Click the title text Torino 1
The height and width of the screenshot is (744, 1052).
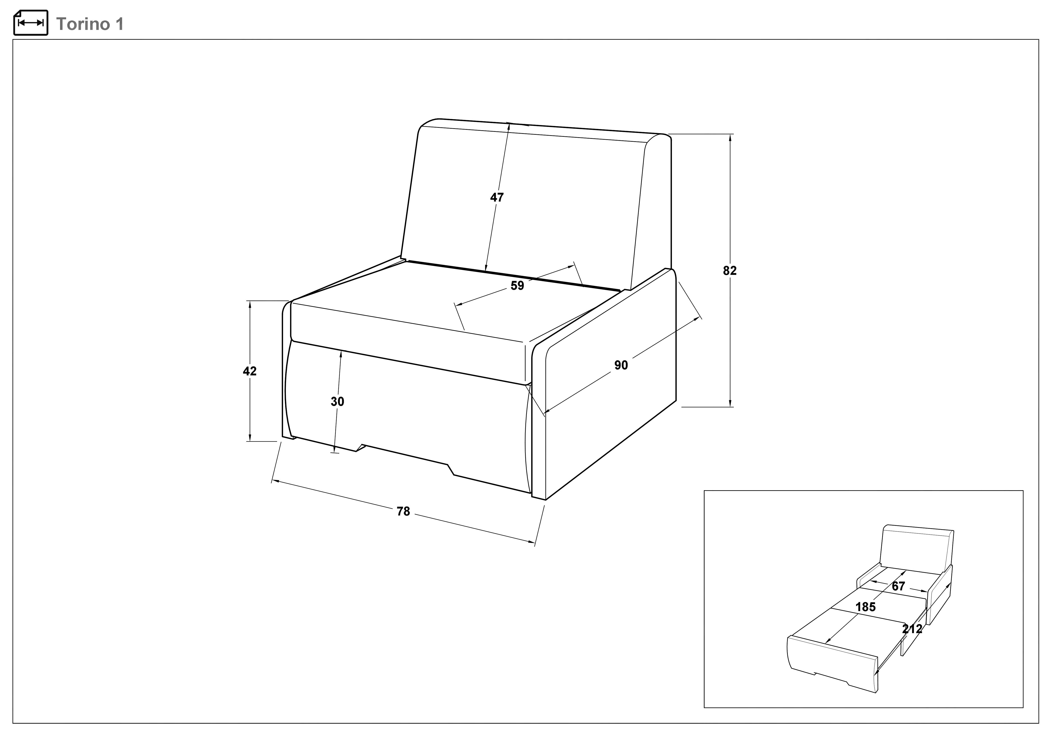90,24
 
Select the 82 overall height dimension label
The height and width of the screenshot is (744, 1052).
730,271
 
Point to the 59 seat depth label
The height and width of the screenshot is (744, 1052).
517,285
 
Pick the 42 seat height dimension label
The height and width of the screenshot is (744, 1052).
250,371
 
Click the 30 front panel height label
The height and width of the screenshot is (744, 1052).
337,402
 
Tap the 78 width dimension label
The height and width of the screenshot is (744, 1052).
403,512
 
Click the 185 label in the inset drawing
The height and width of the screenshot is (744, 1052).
866,607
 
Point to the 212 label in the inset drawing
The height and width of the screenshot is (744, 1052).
912,629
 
